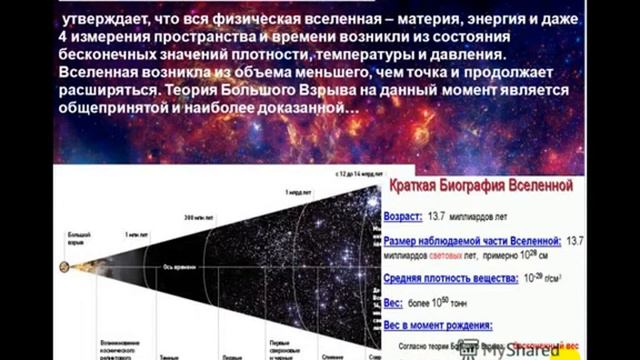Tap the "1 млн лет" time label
(x=137, y=234)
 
